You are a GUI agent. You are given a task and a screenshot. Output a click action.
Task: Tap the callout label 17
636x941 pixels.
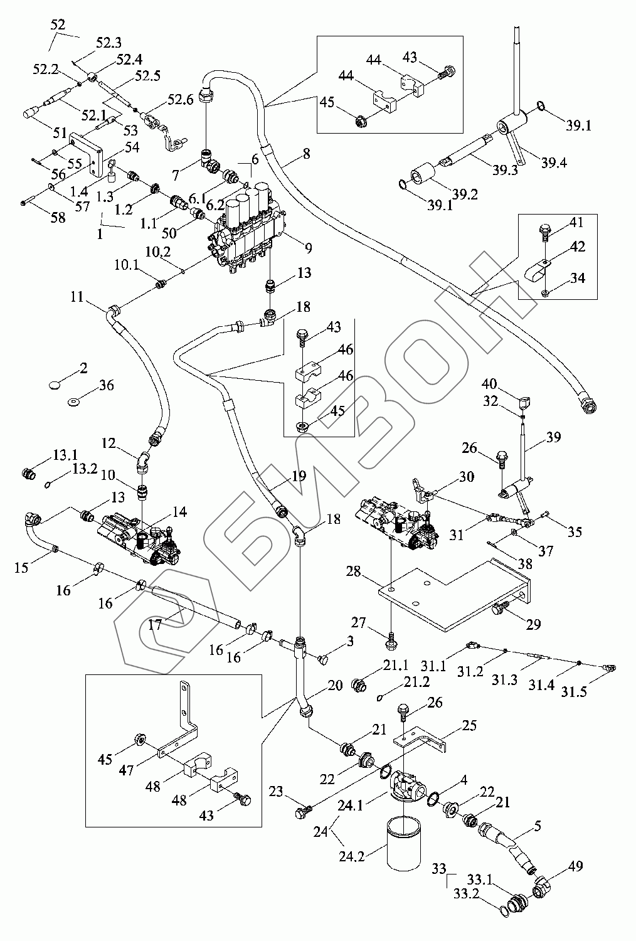[x=155, y=625]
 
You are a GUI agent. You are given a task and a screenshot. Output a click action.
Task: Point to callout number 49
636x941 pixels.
[x=576, y=866]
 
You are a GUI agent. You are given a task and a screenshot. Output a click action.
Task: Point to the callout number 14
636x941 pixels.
[x=179, y=513]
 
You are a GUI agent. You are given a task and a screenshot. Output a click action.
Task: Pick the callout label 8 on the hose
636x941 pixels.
[x=306, y=153]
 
